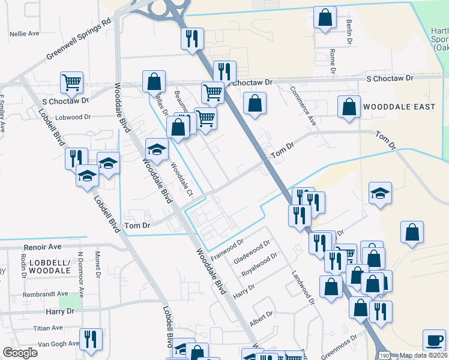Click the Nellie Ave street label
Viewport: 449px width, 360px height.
point(25,34)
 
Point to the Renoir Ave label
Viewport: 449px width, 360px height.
point(43,247)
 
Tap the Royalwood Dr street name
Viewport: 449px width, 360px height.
point(259,265)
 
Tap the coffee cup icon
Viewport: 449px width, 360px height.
point(434,339)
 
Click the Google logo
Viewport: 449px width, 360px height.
point(20,353)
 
